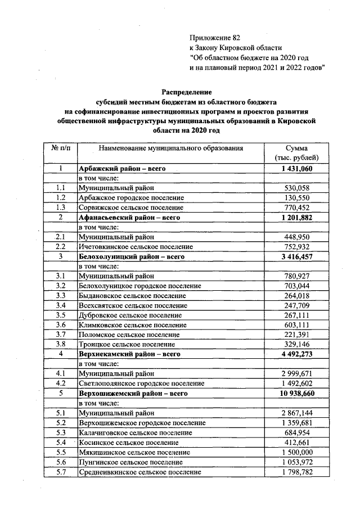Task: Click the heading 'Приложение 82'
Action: tap(215, 38)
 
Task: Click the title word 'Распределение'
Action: tap(186, 92)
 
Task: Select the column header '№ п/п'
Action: tap(61, 148)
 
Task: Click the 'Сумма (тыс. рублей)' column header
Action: tap(296, 153)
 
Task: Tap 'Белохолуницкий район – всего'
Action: tap(131, 256)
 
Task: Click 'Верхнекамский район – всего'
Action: tap(129, 354)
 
